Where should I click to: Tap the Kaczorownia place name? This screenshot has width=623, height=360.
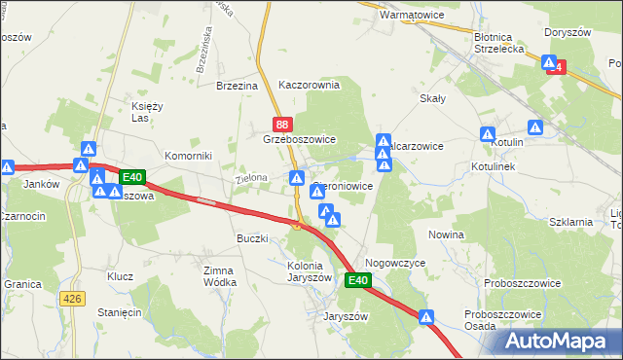(309, 85)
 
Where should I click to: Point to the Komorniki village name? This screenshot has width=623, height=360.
(188, 156)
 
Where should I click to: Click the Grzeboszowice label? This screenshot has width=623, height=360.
(299, 139)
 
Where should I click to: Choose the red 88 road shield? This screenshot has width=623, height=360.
(282, 124)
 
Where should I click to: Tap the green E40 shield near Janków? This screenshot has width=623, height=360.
(133, 177)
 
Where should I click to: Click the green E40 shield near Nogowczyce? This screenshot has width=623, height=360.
(358, 280)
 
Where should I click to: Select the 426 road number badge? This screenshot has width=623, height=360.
(72, 299)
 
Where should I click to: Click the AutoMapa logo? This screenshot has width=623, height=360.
(562, 340)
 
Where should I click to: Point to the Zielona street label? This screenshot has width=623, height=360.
(250, 179)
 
